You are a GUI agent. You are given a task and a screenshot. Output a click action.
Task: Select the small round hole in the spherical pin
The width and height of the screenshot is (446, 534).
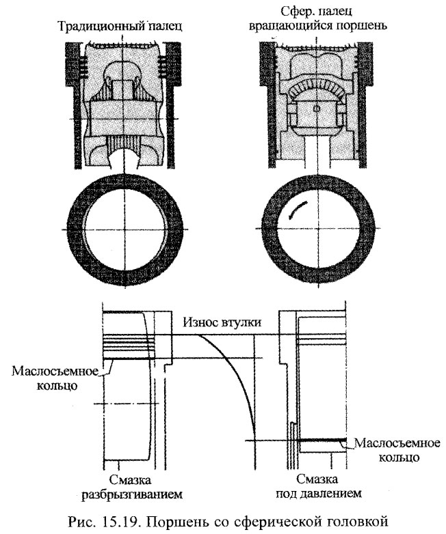317,109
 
